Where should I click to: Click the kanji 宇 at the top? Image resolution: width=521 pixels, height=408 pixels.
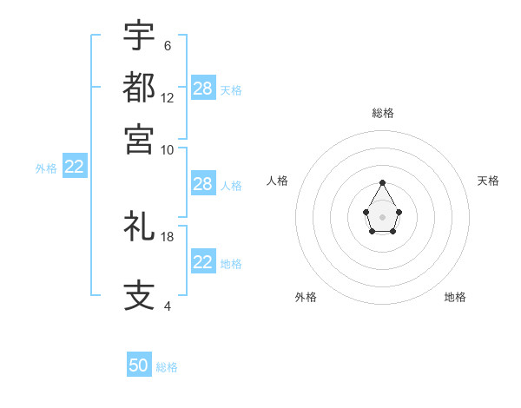coord(139,36)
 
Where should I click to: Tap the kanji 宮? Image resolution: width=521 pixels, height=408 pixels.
coord(139,139)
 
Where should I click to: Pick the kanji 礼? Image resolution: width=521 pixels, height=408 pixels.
coord(139,227)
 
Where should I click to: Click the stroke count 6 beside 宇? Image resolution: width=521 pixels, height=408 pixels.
coord(167,45)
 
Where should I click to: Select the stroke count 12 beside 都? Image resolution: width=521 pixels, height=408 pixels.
coord(168,98)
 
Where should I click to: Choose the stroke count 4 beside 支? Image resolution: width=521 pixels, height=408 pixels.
coord(167,306)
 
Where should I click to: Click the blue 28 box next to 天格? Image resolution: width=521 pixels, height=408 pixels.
coord(203,89)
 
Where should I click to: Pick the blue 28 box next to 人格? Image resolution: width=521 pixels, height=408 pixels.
coord(203,184)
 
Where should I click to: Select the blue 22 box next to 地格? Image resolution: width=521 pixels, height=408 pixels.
coord(203,262)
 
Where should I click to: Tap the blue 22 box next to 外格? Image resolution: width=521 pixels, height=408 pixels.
coord(75,168)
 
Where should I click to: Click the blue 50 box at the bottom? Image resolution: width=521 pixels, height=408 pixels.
coord(139,365)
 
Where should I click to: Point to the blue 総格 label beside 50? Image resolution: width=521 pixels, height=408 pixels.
coord(167,367)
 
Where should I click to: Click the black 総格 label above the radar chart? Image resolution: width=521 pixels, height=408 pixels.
coord(382,113)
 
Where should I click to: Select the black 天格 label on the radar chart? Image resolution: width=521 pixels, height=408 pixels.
coord(488,181)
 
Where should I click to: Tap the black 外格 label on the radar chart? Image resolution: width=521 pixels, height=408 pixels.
coord(306,297)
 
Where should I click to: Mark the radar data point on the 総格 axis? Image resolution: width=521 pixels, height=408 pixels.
coord(382,183)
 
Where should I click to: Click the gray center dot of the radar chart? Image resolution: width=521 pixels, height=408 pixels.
coord(382,216)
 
